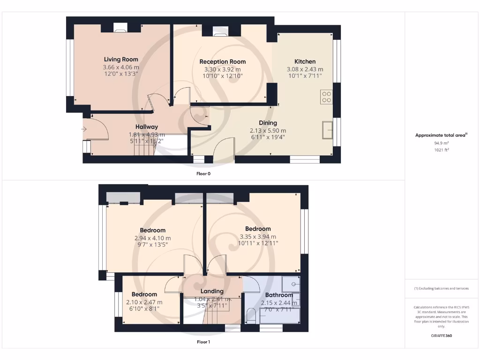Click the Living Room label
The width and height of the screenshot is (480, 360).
coord(121,60)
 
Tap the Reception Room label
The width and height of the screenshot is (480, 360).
coord(222,62)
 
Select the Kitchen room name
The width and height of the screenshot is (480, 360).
coord(305,61)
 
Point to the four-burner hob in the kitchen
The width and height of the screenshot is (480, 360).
coord(326,97)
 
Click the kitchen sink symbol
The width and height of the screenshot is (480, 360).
coord(327,129)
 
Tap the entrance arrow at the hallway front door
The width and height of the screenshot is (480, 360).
coord(84,129)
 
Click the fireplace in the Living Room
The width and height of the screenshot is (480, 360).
coord(120,29)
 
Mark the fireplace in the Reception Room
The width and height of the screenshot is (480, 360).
coord(220,31)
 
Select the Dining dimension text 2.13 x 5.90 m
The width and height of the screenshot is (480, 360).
coord(268,130)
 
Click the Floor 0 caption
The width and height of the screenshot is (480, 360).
coord(203,173)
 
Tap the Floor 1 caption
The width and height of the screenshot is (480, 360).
coord(203,342)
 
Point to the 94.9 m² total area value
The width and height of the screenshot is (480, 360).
coord(441,143)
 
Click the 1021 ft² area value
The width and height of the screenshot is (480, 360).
coord(441,150)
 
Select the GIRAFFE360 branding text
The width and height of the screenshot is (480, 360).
coord(441,336)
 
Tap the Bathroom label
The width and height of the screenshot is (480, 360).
coord(279,295)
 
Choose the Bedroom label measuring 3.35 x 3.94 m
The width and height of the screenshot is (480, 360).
coord(258,229)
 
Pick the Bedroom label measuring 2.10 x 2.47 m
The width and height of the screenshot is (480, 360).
coord(144,294)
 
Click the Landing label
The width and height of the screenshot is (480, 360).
coord(212,291)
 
